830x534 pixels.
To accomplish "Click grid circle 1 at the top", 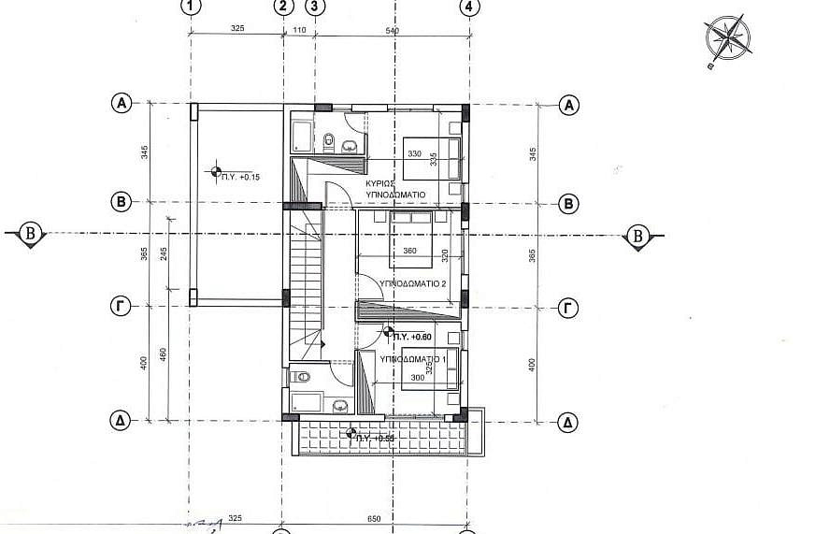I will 191,7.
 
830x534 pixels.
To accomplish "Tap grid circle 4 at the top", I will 468,7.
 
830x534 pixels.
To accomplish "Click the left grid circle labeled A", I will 121,104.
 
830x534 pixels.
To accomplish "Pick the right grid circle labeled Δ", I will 567,422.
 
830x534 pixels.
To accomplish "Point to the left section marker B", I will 30,235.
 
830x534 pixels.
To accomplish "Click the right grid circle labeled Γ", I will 567,307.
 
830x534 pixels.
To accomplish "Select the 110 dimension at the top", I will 299,30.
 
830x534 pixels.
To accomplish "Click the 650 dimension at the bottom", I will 374,517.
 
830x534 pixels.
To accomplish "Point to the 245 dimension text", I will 165,258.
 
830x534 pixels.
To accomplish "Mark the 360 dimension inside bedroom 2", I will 408,252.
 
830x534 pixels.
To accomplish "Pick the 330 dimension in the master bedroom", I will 414,154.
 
